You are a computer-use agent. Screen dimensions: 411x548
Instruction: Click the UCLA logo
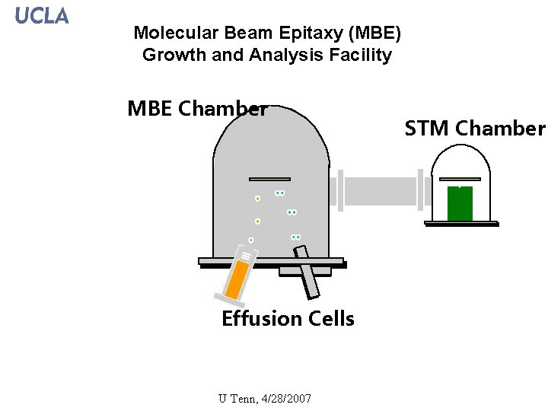pyautogui.click(x=42, y=15)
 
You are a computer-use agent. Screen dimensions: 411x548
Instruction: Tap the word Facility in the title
pyautogui.click(x=362, y=55)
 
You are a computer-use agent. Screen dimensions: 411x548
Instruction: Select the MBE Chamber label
pyautogui.click(x=197, y=109)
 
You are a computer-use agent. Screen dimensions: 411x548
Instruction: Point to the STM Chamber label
pyautogui.click(x=475, y=129)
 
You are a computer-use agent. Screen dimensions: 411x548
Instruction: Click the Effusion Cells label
pyautogui.click(x=288, y=318)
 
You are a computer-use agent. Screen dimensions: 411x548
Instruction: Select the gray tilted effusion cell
pyautogui.click(x=308, y=279)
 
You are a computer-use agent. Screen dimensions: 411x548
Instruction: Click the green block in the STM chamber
pyautogui.click(x=460, y=203)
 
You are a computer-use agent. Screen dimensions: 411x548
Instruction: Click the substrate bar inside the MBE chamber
pyautogui.click(x=269, y=179)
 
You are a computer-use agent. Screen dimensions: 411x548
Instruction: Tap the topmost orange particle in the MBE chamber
pyautogui.click(x=257, y=199)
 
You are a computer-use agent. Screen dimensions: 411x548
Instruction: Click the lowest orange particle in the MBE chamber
pyautogui.click(x=250, y=241)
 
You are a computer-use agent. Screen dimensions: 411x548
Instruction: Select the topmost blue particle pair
pyautogui.click(x=279, y=193)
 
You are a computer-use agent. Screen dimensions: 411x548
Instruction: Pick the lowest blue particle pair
pyautogui.click(x=295, y=237)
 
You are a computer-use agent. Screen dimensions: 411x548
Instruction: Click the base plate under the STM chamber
pyautogui.click(x=461, y=224)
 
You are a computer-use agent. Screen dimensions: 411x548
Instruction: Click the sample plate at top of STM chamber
pyautogui.click(x=460, y=180)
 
